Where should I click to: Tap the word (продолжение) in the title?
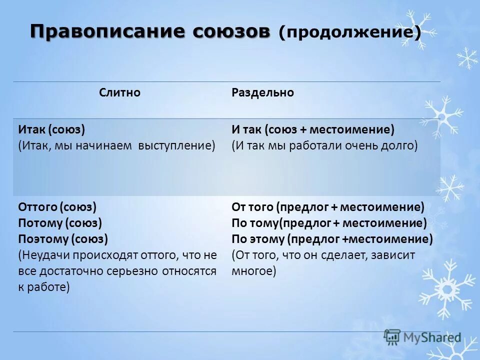coord(349,33)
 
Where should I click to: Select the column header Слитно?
coord(119,93)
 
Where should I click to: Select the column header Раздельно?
coord(262,93)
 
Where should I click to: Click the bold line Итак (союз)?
coord(52,130)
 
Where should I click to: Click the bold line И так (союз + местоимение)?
coord(313,130)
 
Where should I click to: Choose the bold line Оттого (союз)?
coord(57,207)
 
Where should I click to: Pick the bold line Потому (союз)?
coord(60,223)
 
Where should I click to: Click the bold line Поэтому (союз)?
coord(63,239)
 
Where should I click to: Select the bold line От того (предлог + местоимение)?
coord(327,207)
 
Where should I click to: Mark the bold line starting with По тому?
coord(329,223)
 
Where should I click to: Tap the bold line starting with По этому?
coord(332,239)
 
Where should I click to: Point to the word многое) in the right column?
coord(254,271)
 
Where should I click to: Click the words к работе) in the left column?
coord(44,287)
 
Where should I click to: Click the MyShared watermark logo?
coord(422,338)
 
